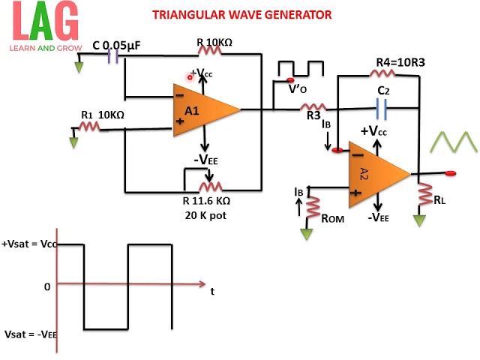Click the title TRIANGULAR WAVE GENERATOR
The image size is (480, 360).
pos(241,14)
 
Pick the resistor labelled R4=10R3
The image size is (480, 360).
pos(385,73)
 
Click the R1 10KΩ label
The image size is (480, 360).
pos(103,114)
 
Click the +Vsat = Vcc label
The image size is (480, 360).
pos(30,244)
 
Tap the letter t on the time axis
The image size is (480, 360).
pos(212,291)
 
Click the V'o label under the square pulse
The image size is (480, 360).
pos(299,87)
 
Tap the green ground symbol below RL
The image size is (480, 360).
pos(420,221)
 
